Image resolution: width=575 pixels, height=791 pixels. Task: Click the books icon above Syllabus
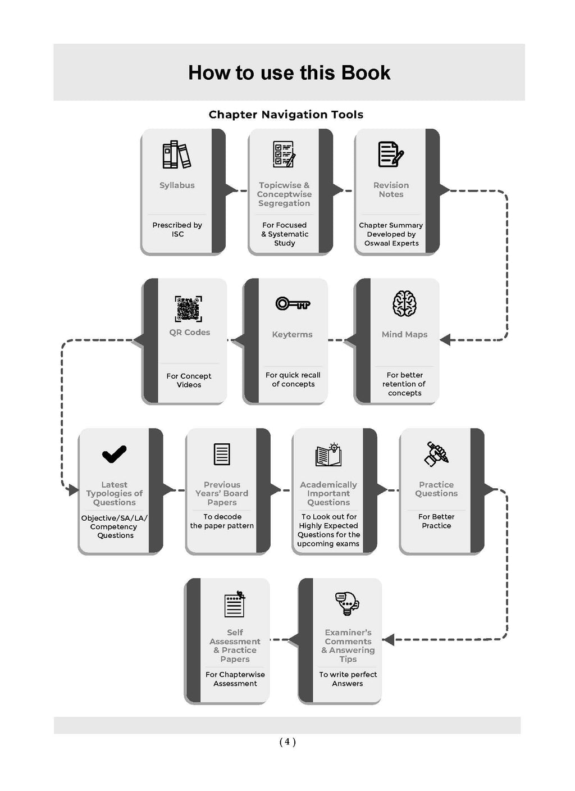click(x=176, y=154)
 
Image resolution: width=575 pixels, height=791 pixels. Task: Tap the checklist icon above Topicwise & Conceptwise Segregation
click(x=284, y=154)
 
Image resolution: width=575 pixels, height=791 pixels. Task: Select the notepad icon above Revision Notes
click(x=391, y=154)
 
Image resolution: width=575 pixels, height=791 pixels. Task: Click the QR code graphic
click(x=189, y=308)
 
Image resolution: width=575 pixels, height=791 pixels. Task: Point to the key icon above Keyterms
click(x=293, y=303)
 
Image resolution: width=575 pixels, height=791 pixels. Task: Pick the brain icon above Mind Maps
click(x=404, y=304)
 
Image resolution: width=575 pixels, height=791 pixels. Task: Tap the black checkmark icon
click(x=114, y=454)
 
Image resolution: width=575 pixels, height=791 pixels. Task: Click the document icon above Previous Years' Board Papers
click(x=222, y=454)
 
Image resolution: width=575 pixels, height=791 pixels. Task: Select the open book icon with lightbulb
click(x=328, y=455)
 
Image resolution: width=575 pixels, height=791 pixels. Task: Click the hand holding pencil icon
click(x=436, y=454)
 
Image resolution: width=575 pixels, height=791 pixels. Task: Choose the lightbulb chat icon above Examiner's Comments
click(x=347, y=603)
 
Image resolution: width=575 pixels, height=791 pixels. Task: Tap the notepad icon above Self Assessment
click(x=235, y=604)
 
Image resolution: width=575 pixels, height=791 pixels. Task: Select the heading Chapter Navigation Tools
click(x=286, y=115)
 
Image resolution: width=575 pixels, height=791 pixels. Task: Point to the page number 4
click(x=287, y=742)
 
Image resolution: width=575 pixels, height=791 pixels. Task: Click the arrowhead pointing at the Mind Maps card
click(x=445, y=340)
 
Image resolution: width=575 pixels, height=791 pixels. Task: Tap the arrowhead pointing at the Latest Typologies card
click(x=74, y=490)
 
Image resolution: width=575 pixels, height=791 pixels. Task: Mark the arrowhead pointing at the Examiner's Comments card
click(x=389, y=639)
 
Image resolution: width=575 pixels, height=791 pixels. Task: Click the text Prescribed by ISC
click(x=177, y=230)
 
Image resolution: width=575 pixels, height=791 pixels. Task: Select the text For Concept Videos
click(x=189, y=380)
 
